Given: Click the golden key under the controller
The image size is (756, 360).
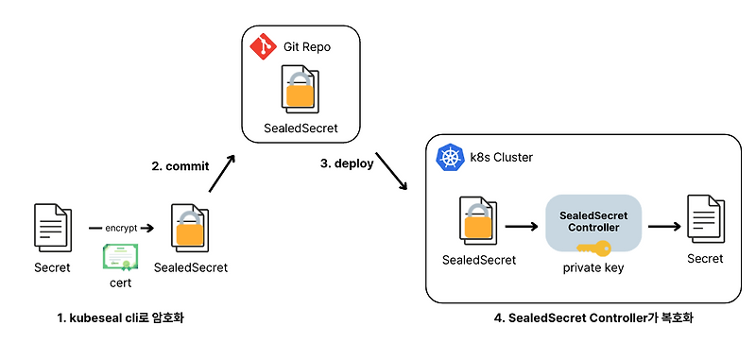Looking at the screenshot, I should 593,249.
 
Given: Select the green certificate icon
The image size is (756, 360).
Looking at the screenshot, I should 120,257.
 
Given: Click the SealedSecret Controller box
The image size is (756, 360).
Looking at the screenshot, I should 593,222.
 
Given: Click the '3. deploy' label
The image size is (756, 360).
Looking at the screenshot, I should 347,163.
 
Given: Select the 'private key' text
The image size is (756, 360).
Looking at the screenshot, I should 593,267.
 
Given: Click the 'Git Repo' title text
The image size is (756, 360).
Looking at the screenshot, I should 307,46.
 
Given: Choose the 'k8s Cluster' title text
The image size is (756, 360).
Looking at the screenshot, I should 502,158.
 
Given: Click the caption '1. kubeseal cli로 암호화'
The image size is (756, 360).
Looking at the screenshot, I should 120,317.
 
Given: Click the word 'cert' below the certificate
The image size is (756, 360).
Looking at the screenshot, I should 120,282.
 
